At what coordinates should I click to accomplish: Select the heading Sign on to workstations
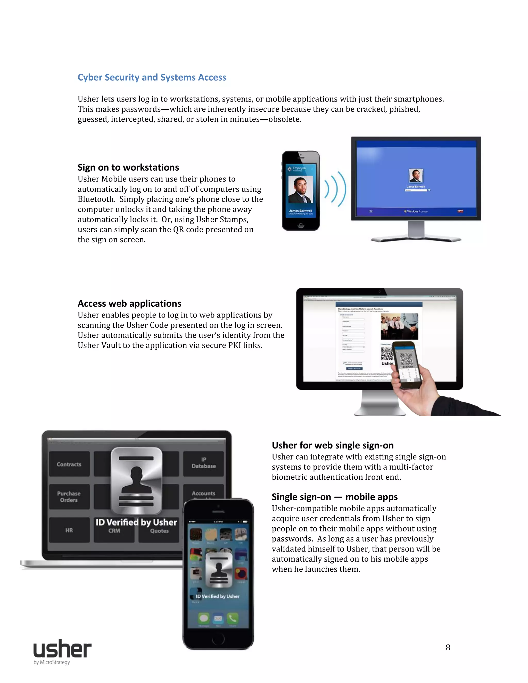coord(128,167)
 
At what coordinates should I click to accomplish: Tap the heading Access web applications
coord(129,303)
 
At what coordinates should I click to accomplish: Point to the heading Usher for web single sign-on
coord(333,445)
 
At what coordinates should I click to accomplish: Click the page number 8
coord(448,647)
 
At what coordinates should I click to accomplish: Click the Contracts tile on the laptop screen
coord(69,464)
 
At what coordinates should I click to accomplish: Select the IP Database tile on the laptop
coord(204,463)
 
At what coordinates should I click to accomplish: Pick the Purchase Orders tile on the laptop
coord(69,497)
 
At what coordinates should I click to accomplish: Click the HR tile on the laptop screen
coord(69,530)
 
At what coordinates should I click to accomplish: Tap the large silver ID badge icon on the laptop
coord(137,481)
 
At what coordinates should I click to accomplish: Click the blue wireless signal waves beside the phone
coord(335,189)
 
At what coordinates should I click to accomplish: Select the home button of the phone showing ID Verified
coord(218,639)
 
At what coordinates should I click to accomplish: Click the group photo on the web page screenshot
coord(399,326)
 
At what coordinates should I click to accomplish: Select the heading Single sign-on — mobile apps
coord(334,497)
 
